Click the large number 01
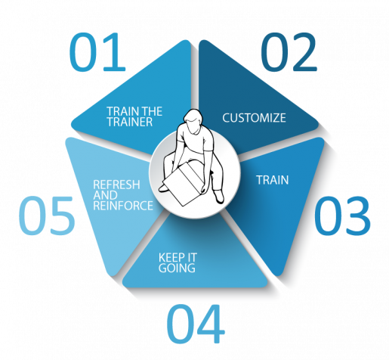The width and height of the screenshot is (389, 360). click(x=97, y=51)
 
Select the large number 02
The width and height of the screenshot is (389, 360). click(x=289, y=51)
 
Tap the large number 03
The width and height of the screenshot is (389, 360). click(x=342, y=216)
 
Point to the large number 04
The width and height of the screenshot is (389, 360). click(x=196, y=324)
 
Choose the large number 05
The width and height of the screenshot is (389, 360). click(x=47, y=216)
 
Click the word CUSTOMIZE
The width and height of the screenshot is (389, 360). click(x=254, y=118)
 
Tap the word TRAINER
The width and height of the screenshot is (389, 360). click(x=130, y=122)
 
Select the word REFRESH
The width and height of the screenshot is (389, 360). click(x=116, y=185)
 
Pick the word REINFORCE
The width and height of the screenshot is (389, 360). click(x=123, y=206)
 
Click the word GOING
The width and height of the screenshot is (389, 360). click(x=177, y=268)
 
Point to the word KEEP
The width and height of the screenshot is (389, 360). click(x=168, y=258)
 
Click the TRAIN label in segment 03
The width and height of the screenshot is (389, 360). click(x=273, y=180)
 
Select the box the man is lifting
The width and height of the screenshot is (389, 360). click(x=184, y=184)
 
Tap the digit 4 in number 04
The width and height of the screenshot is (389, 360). click(x=211, y=324)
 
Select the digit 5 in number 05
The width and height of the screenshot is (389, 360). click(x=63, y=216)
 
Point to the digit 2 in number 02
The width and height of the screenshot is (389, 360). click(x=304, y=51)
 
